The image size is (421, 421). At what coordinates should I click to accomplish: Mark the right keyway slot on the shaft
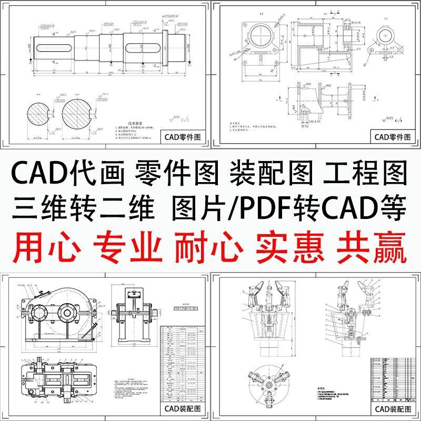[145, 47]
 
